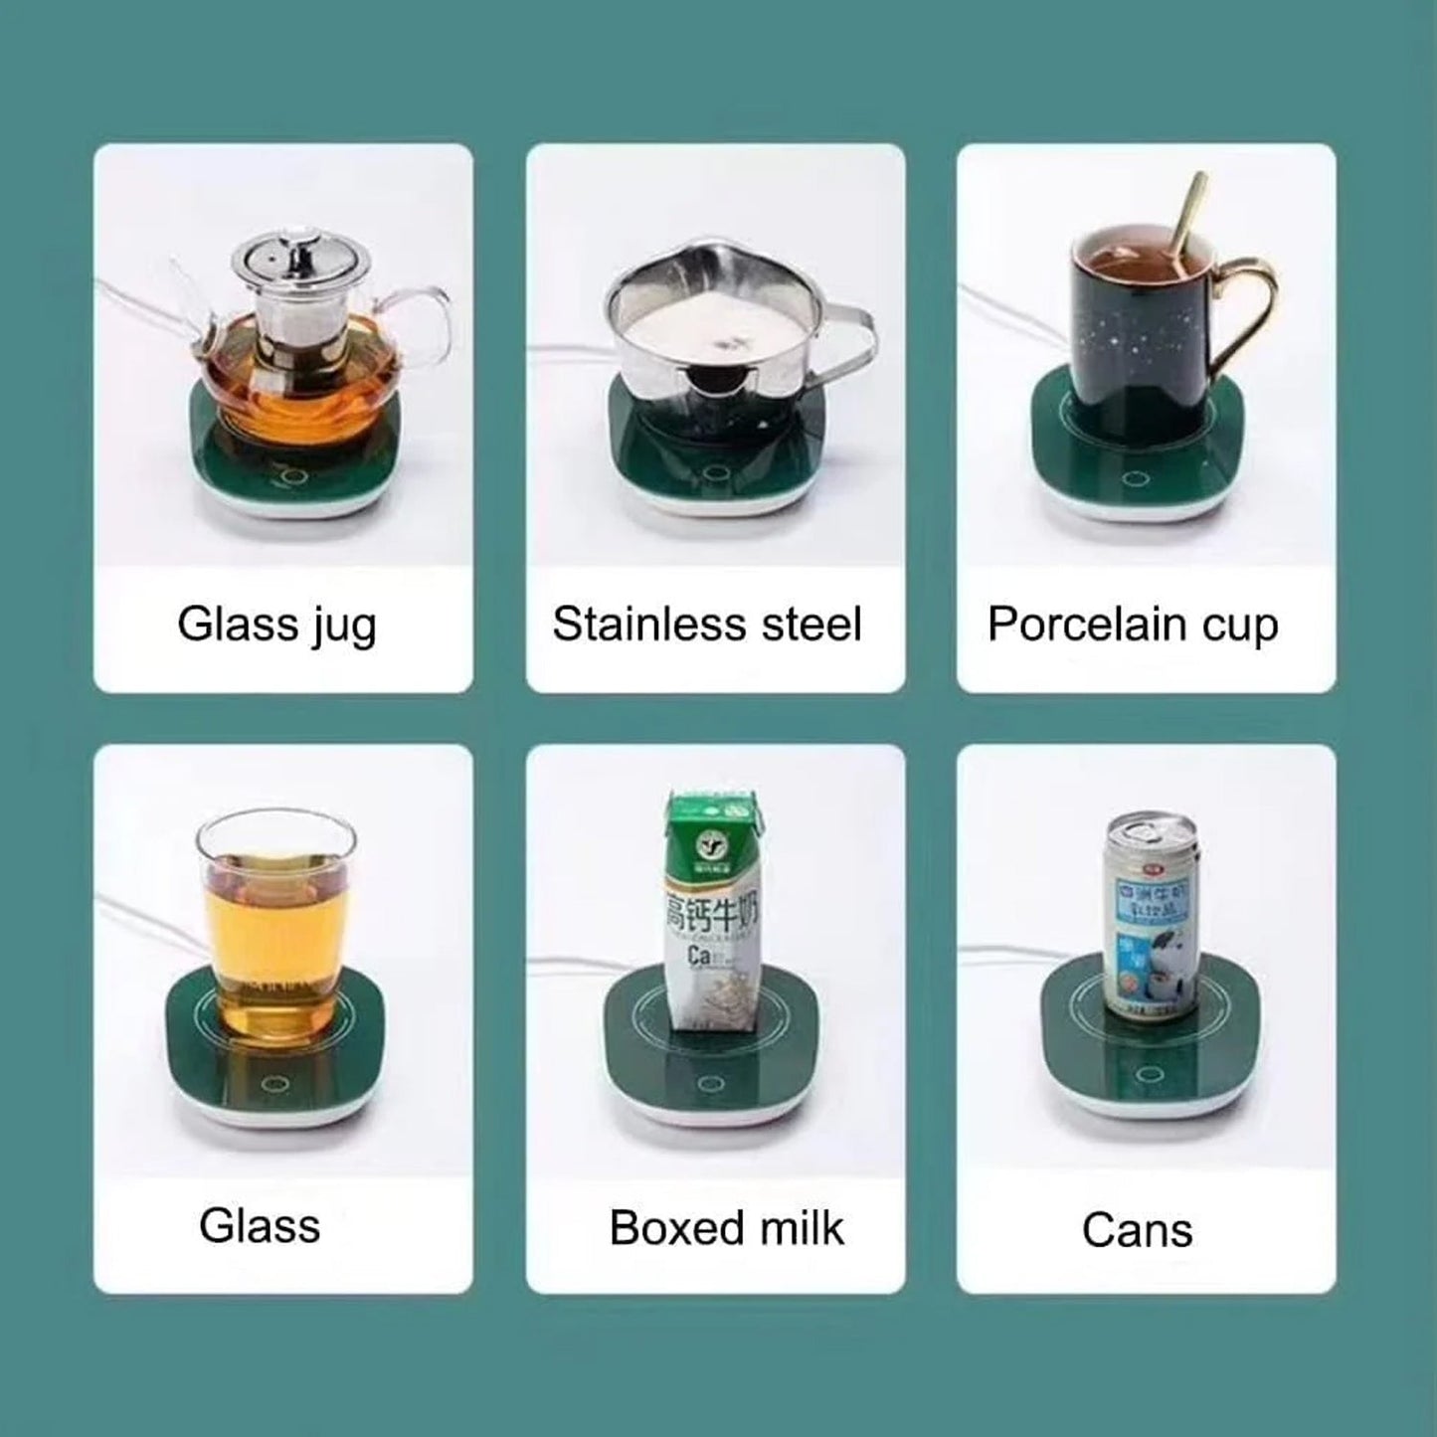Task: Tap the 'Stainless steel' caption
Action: (x=707, y=626)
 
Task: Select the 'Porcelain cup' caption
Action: (x=1132, y=626)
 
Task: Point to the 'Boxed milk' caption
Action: (x=726, y=1228)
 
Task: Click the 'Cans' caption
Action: (x=1137, y=1230)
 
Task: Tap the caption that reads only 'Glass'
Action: (x=260, y=1226)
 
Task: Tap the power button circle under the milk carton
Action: (x=710, y=1083)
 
